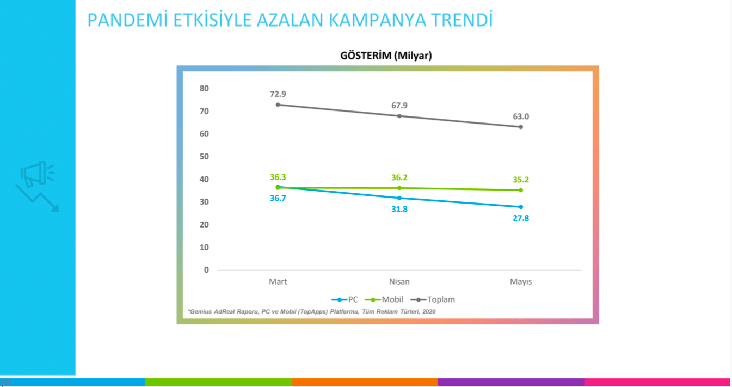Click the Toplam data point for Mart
point(278,105)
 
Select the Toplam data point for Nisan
point(399,116)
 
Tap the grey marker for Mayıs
point(521,127)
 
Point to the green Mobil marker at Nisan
point(399,188)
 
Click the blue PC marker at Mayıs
point(521,207)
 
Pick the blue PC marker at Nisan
point(399,198)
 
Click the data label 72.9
point(278,94)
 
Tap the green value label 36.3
point(278,177)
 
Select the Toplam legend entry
point(435,299)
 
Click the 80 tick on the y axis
point(204,88)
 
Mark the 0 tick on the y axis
point(206,270)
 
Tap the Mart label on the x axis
point(278,282)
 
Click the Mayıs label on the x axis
point(521,282)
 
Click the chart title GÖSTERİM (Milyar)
point(386,55)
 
